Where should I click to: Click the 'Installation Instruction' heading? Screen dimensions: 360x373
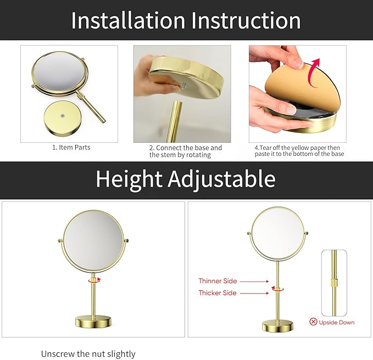click(x=186, y=20)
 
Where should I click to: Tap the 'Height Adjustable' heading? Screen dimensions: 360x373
click(x=186, y=179)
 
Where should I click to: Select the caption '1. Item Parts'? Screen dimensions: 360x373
click(x=71, y=148)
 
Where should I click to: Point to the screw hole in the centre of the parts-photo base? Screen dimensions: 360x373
click(x=63, y=116)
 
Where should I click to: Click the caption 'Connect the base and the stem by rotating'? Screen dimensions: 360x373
click(x=186, y=151)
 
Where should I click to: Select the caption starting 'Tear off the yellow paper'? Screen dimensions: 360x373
click(x=299, y=151)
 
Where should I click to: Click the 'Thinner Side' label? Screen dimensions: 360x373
click(x=218, y=281)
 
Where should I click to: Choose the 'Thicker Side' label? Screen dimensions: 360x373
click(x=218, y=293)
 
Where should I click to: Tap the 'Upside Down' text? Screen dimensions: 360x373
click(x=337, y=322)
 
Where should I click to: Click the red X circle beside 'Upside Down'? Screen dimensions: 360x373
click(x=313, y=322)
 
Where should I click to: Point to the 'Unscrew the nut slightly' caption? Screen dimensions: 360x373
click(x=88, y=354)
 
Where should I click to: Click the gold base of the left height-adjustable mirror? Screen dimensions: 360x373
click(x=93, y=321)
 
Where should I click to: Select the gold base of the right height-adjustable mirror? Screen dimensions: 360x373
click(x=277, y=326)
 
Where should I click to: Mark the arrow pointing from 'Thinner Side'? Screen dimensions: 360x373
click(x=254, y=281)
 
